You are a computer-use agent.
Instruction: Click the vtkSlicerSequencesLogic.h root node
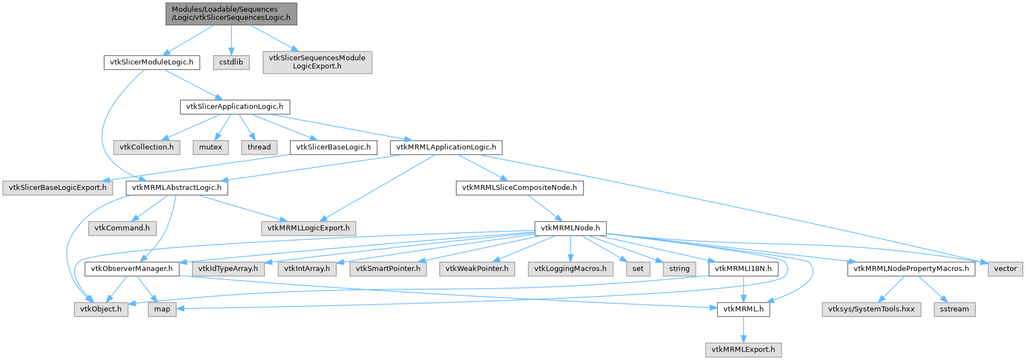pos(231,13)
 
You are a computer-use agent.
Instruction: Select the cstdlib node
pos(231,62)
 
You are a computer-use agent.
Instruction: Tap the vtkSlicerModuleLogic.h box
pos(152,62)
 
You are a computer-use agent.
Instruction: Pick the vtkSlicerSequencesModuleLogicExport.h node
pos(317,62)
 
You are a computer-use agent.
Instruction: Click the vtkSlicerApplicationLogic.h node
pos(235,107)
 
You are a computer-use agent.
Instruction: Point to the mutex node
pos(210,147)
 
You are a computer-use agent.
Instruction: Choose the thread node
pos(259,147)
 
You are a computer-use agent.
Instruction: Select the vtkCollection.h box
pos(146,147)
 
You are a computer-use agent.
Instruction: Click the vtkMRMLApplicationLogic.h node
pos(446,147)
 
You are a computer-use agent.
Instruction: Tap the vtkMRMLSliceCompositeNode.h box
pos(519,187)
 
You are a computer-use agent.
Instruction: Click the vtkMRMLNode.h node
pos(570,227)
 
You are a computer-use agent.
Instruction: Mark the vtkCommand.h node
pos(122,227)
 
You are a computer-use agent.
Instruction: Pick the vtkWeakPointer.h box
pos(477,268)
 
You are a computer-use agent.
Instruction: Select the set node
pos(638,268)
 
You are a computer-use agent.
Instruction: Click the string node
pos(679,268)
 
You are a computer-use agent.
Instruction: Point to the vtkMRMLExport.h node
pos(743,350)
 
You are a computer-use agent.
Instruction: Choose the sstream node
pos(954,309)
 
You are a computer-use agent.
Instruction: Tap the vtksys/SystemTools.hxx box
pos(871,309)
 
